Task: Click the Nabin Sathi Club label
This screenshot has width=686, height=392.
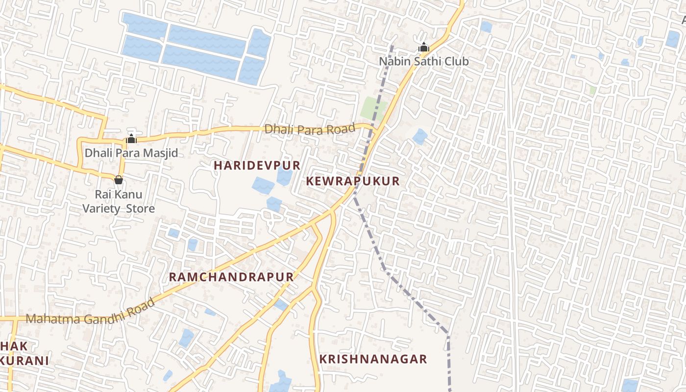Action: pyautogui.click(x=424, y=62)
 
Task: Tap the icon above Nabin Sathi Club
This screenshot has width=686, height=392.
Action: pyautogui.click(x=424, y=48)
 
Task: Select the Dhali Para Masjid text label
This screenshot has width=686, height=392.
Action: pyautogui.click(x=131, y=153)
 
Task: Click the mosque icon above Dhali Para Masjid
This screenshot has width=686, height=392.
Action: pyautogui.click(x=131, y=139)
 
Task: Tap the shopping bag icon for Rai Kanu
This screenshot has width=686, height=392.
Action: pyautogui.click(x=119, y=180)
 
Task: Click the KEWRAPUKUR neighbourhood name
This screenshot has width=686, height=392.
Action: pyautogui.click(x=353, y=181)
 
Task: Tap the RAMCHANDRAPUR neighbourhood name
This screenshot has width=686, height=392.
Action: pyautogui.click(x=231, y=277)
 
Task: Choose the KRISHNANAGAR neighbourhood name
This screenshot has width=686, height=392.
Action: pyautogui.click(x=373, y=359)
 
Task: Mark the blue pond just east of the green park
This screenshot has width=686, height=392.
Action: pyautogui.click(x=420, y=136)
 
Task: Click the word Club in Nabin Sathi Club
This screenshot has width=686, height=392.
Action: pyautogui.click(x=455, y=62)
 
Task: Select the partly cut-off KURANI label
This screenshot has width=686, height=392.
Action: pyautogui.click(x=24, y=361)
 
